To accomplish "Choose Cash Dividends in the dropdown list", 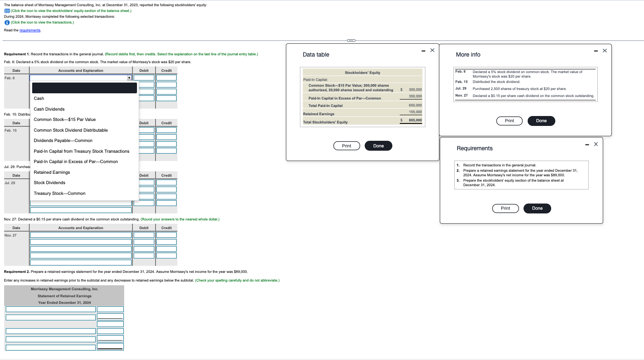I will [49, 109].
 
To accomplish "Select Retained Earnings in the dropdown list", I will [52, 172].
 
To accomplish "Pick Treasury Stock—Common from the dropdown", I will [59, 193].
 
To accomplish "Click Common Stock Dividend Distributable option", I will [71, 130].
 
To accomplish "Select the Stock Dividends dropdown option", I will [50, 182].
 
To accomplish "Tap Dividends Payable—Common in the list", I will [63, 140].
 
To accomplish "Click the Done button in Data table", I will [378, 146].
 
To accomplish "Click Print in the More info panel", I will [509, 121].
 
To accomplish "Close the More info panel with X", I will [605, 51].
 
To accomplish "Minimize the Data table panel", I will [423, 51].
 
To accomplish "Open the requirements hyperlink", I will [30, 30].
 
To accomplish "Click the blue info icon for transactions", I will [7, 22].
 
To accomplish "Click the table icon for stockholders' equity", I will [7, 11].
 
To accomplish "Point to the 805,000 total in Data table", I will [415, 120].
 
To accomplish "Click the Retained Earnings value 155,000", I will [415, 112].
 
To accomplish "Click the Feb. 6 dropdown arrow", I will [129, 78].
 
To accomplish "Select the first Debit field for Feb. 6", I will [144, 78].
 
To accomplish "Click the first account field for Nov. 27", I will [81, 235].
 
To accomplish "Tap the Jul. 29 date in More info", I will [461, 88].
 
